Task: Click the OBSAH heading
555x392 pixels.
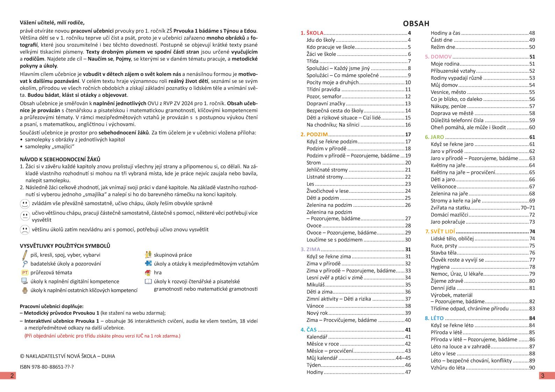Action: tap(416, 23)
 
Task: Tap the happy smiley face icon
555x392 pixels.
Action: tap(25, 204)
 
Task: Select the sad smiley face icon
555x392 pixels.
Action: tap(25, 230)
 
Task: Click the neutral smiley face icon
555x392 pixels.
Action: tap(25, 216)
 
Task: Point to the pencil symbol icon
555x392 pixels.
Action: tap(24, 255)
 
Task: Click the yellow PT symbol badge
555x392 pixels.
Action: tap(25, 273)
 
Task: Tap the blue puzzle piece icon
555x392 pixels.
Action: tap(148, 264)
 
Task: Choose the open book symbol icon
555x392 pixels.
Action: tap(148, 282)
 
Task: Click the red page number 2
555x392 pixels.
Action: tap(12, 376)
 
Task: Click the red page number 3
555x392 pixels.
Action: tap(542, 376)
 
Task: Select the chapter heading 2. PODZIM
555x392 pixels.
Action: tap(314, 135)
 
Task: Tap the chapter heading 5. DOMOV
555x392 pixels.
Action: tap(438, 57)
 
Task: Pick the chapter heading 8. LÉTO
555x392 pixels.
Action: tap(434, 318)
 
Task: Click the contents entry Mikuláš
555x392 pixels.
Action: tap(315, 285)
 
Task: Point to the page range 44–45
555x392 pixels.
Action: tap(403, 358)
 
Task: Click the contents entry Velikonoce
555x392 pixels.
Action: tap(443, 187)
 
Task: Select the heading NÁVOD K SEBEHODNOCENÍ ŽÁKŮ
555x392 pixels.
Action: tap(60, 159)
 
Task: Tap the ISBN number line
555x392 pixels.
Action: tap(47, 367)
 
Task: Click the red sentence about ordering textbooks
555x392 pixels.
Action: tap(102, 336)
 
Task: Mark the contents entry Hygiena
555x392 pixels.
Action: tap(440, 267)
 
